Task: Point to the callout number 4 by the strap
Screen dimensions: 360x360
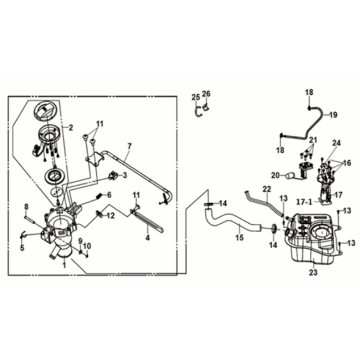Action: click(147, 238)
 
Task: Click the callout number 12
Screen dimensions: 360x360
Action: click(112, 215)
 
